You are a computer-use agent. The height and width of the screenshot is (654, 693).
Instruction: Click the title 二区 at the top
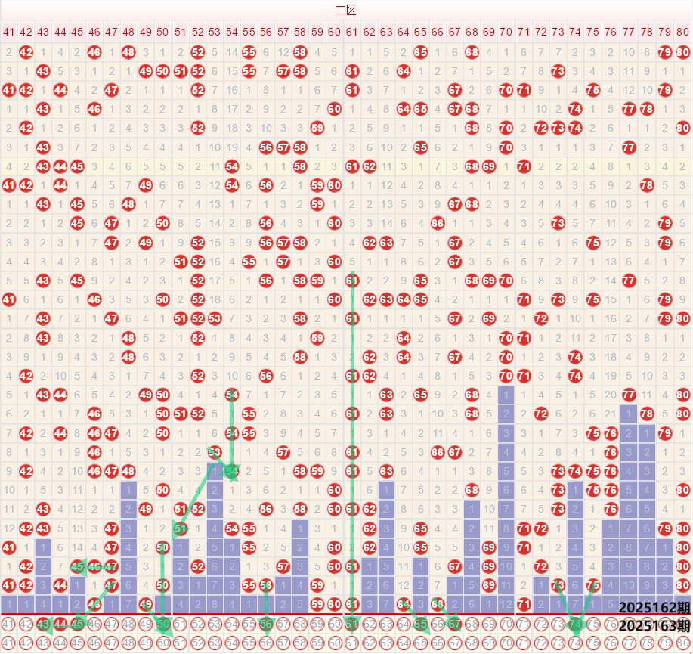tap(346, 10)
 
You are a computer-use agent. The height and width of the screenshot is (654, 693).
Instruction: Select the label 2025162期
tap(654, 608)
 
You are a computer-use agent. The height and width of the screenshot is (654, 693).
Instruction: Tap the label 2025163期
tap(654, 625)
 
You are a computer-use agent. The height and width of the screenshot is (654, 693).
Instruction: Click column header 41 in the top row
tap(8, 32)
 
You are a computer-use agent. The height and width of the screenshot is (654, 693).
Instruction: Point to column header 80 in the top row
tap(682, 32)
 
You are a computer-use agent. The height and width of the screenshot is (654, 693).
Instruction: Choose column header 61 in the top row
tap(351, 32)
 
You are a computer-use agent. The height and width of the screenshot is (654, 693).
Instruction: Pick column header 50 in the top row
tap(162, 32)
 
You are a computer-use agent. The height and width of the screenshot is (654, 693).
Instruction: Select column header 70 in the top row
tap(506, 32)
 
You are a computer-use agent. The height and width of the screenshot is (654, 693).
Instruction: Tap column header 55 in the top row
tap(249, 32)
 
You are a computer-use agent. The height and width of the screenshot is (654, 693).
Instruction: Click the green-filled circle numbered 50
tap(162, 625)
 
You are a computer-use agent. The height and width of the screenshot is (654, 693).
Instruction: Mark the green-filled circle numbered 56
tap(266, 625)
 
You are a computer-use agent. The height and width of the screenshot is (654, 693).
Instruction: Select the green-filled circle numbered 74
tap(574, 625)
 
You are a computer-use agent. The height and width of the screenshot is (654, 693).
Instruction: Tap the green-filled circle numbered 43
tap(43, 625)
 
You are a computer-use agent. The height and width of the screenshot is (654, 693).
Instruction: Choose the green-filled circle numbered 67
tap(454, 625)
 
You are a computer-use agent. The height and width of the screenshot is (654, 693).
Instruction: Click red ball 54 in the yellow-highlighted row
tap(231, 166)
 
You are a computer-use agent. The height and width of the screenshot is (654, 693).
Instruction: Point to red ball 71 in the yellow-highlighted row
tap(523, 166)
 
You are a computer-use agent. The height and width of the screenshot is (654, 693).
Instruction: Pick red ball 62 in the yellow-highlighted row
tap(369, 166)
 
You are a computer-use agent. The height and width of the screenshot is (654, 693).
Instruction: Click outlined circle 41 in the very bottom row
tap(8, 643)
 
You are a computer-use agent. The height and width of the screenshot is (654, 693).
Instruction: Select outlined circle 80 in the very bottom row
tap(682, 643)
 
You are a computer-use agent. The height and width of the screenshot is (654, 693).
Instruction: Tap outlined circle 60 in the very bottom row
tap(335, 643)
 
